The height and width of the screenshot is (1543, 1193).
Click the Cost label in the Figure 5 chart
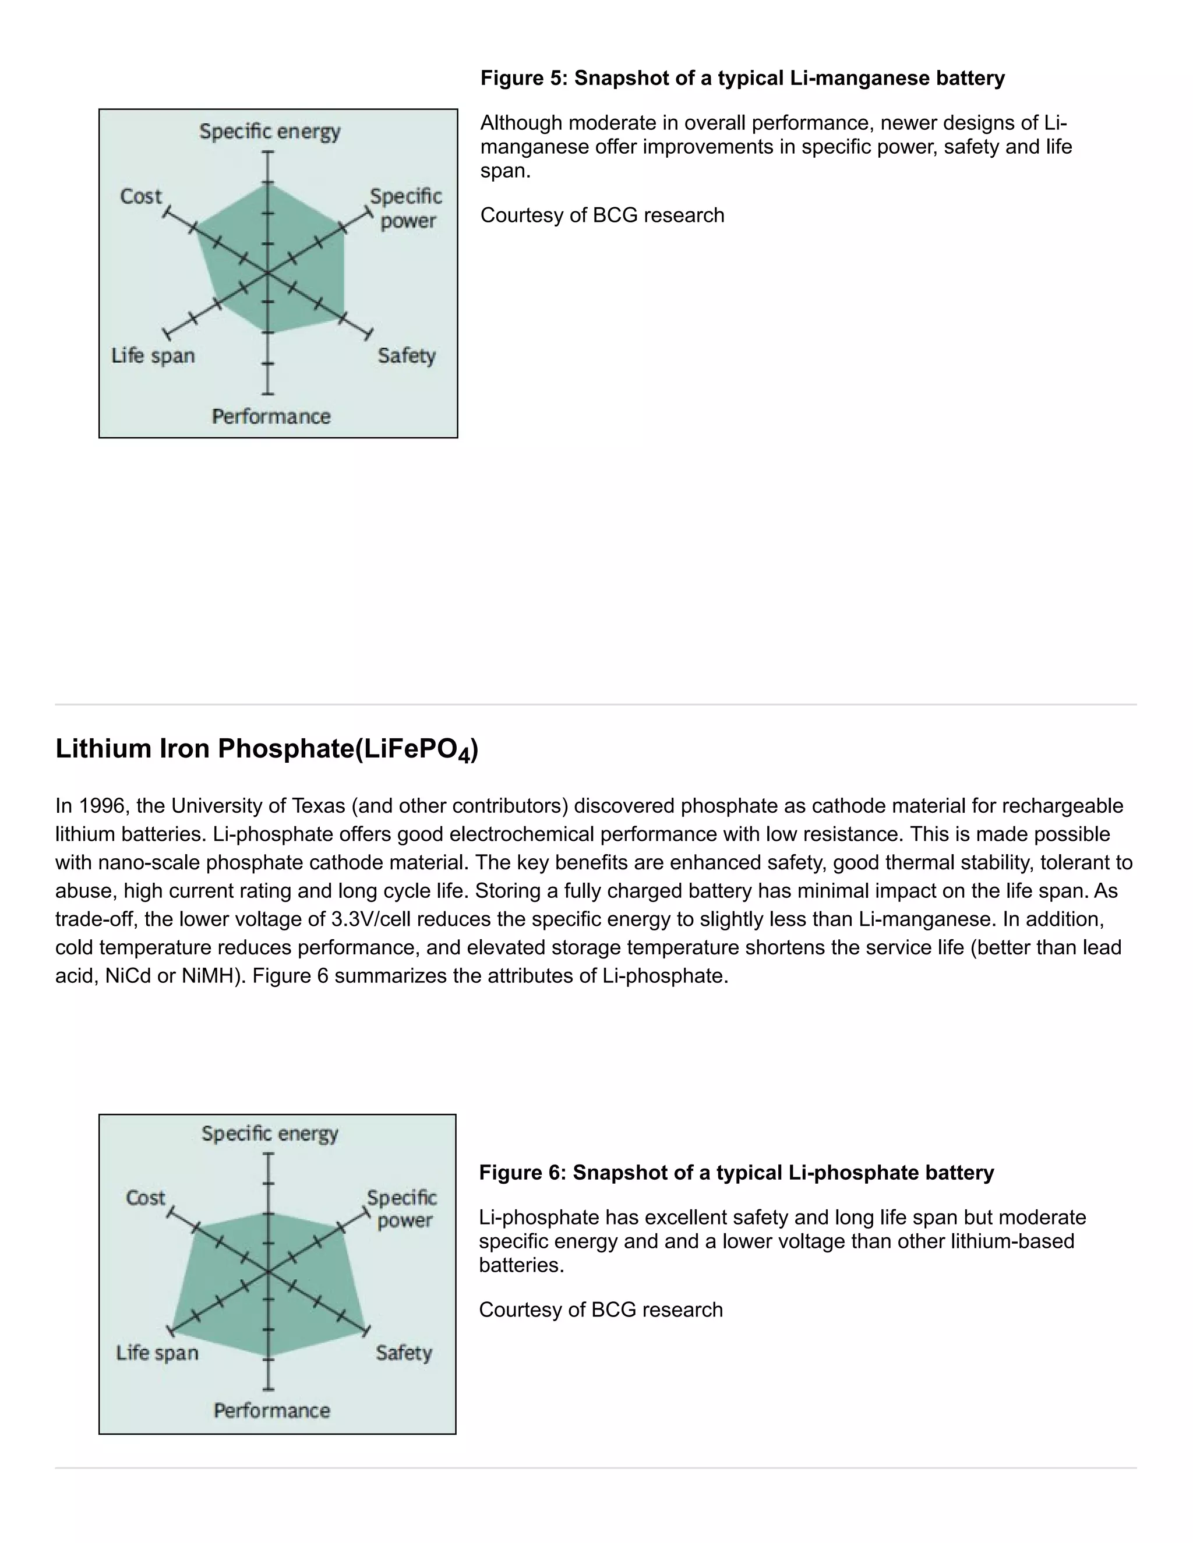pyautogui.click(x=140, y=196)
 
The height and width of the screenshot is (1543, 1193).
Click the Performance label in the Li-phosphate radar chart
pyautogui.click(x=271, y=1410)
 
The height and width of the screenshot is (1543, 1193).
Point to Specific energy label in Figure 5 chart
pyautogui.click(x=269, y=132)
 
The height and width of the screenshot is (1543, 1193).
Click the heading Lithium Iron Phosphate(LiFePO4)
pyautogui.click(x=266, y=749)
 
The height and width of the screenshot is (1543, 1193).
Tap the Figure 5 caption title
pyautogui.click(x=742, y=77)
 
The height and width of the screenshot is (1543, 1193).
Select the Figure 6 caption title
pyautogui.click(x=736, y=1173)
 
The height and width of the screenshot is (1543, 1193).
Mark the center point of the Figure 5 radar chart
pyautogui.click(x=267, y=272)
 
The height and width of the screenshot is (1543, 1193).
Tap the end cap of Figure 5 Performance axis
pyautogui.click(x=267, y=394)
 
